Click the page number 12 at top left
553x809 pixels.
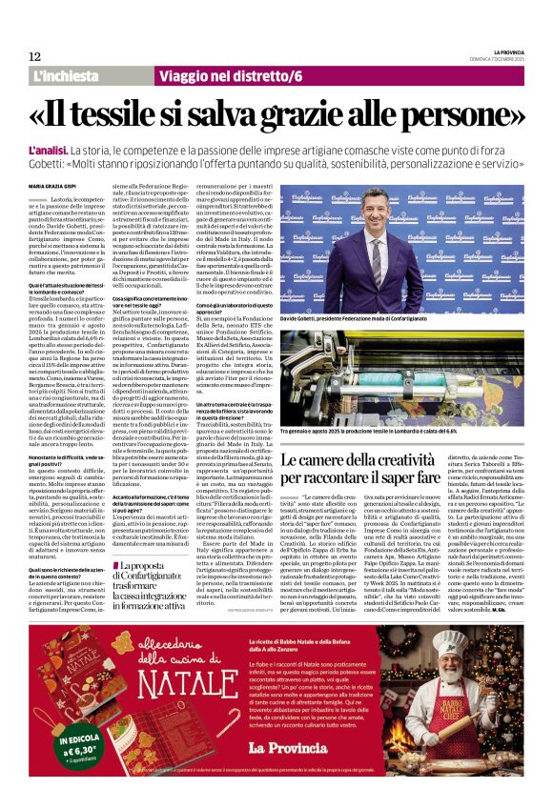22,56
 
